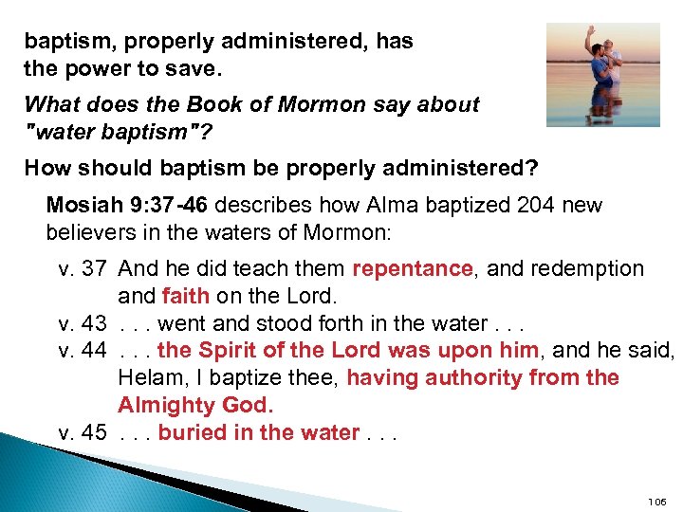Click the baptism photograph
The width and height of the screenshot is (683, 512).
602,75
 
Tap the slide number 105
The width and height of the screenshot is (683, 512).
657,502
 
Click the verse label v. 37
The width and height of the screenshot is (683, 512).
83,269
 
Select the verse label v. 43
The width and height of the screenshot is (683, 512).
83,324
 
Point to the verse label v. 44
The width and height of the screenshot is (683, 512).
83,351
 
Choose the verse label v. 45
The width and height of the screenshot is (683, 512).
83,433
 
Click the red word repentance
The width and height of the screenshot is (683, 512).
412,269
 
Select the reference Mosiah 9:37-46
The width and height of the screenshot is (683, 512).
118,205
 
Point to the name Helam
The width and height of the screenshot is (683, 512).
148,378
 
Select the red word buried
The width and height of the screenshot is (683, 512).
191,433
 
